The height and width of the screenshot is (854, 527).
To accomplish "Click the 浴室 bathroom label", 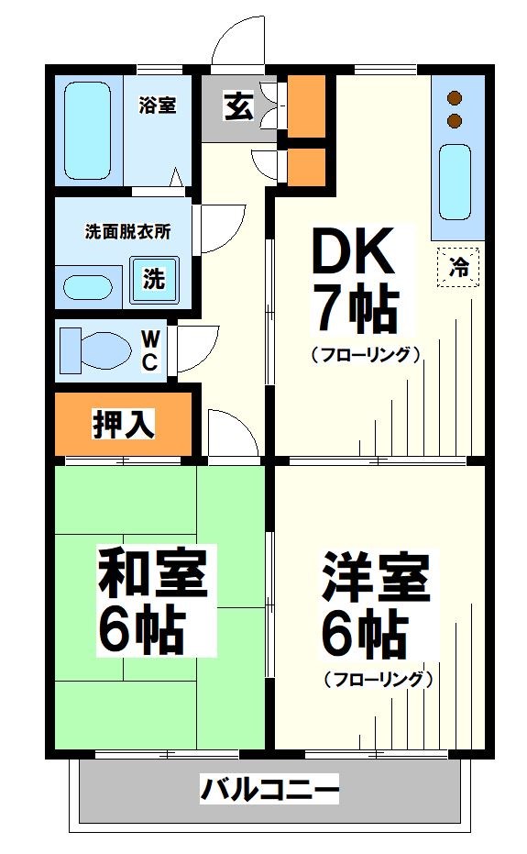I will click(158, 105).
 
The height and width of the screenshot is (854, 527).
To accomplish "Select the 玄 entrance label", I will click(237, 107).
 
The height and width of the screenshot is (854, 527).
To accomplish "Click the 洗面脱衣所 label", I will click(127, 232).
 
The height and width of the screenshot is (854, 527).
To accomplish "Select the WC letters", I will click(149, 350).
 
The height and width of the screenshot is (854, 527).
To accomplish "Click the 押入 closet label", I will click(123, 424).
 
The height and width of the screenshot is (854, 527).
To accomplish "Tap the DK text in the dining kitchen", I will click(353, 251).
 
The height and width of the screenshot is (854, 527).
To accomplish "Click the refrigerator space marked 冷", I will click(458, 268).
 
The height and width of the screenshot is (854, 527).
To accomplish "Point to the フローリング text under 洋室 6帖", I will click(377, 680).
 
